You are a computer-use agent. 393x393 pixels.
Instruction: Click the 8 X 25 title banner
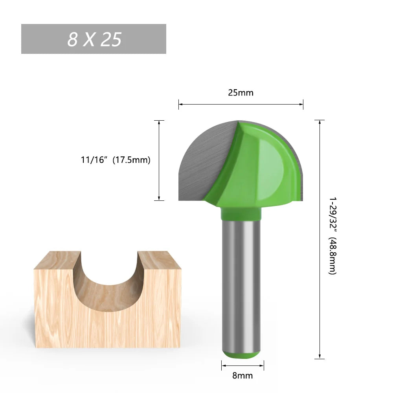pos(94,39)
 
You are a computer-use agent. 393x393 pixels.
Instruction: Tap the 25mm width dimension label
pos(241,93)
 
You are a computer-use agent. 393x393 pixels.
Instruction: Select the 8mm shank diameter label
pos(242,375)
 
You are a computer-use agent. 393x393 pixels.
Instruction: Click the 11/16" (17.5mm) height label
pos(116,160)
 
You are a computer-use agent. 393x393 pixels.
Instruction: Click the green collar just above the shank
pos(241,213)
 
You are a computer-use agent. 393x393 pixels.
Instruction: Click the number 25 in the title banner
pos(111,39)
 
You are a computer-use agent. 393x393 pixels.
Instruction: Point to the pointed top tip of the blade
pos(238,121)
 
